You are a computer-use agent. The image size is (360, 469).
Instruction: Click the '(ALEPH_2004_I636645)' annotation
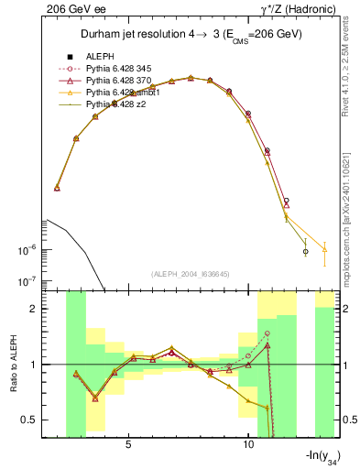pos(187,274)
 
